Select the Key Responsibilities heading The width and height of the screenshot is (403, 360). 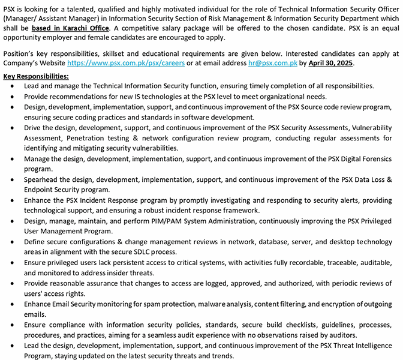point(36,76)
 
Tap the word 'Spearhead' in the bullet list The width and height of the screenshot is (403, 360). point(42,179)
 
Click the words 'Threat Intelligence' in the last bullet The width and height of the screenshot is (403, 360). point(358,346)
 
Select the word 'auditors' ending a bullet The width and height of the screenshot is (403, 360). point(341,335)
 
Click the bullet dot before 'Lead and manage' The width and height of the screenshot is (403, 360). point(13,86)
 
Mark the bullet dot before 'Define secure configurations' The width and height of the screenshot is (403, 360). point(13,242)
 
